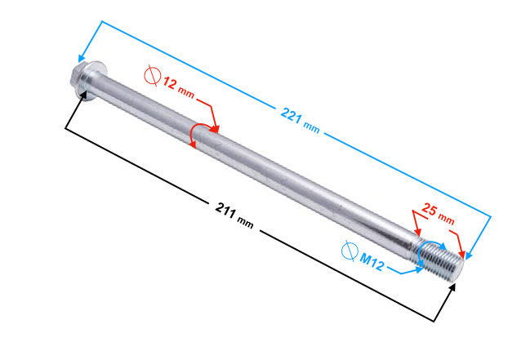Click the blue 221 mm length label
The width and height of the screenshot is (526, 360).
pos(300,120)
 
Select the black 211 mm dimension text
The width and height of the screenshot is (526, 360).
pos(234,215)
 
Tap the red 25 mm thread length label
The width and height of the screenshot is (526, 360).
pos(438,214)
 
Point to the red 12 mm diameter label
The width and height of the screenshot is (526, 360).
pos(178,88)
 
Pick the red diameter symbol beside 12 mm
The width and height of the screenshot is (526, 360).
pos(153,76)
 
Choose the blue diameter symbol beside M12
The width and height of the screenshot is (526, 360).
pos(350,251)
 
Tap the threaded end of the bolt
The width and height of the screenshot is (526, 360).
pos(442,260)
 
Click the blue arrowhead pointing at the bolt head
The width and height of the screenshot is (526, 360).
pos(82,58)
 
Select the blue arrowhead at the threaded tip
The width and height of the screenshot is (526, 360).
pos(469,256)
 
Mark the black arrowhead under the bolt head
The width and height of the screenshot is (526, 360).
pos(83,94)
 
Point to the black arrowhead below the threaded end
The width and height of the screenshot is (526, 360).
pos(452,288)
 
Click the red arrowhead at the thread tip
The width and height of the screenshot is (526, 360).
pos(462,254)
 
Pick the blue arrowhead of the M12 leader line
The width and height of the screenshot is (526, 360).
pos(419,269)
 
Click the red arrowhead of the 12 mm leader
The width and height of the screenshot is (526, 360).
pos(215,129)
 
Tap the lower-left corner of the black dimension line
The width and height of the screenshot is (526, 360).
pos(65,128)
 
